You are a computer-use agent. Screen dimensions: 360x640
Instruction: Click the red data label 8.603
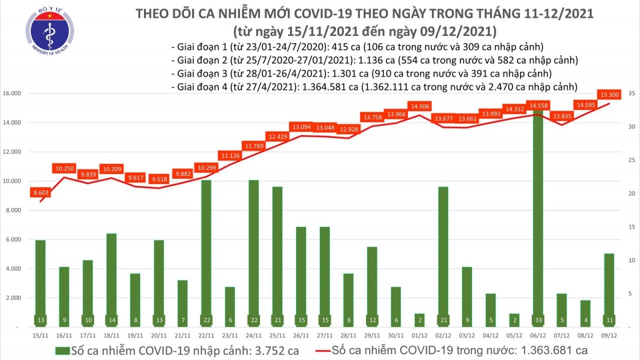tap(40, 192)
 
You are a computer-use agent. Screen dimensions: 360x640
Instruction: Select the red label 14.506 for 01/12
tap(420, 106)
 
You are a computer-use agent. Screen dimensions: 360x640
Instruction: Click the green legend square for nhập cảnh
tap(62, 349)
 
